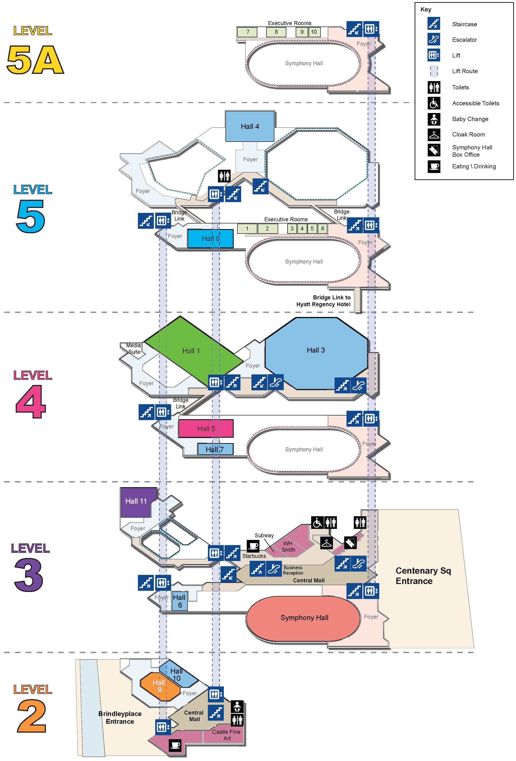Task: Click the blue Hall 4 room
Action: (x=250, y=126)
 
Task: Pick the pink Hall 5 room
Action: (x=206, y=429)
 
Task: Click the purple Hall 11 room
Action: (x=136, y=501)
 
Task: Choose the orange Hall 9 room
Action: (x=159, y=686)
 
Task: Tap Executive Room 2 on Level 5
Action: (x=267, y=229)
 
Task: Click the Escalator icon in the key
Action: (x=434, y=39)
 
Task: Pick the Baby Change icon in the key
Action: (x=434, y=119)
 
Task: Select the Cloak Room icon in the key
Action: (x=434, y=135)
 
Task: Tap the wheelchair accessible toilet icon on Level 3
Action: (x=317, y=523)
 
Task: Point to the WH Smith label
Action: (x=288, y=546)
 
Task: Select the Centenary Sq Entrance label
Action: (x=423, y=576)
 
